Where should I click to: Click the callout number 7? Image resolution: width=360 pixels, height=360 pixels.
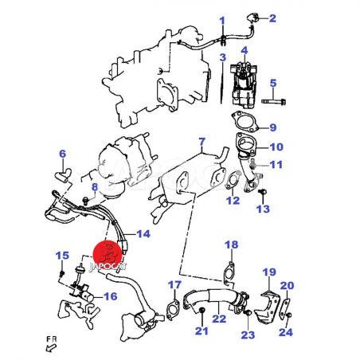coord(202,142)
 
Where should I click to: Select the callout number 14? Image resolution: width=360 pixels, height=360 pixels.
coord(143,234)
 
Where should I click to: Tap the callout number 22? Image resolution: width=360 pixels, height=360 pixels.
coord(219,319)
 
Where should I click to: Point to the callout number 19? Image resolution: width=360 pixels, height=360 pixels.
coord(269,272)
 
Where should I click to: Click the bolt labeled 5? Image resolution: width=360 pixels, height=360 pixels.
coord(273,101)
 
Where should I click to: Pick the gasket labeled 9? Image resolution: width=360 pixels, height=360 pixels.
coord(245,122)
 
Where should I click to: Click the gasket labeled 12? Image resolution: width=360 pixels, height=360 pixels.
coord(233,180)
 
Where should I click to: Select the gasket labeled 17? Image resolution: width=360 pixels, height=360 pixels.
coord(173,310)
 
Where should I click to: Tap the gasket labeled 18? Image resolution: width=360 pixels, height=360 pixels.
coord(229,273)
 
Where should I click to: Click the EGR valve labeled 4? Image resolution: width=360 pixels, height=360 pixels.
coord(243,83)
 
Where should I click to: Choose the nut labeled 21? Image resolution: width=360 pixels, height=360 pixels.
coord(202,310)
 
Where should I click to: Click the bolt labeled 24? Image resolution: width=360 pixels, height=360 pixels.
coord(289,315)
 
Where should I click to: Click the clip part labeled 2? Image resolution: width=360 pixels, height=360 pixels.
coord(252,18)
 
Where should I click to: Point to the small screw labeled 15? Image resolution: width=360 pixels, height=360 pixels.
coord(61,274)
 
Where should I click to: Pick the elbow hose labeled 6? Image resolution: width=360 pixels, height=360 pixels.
coord(63,175)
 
